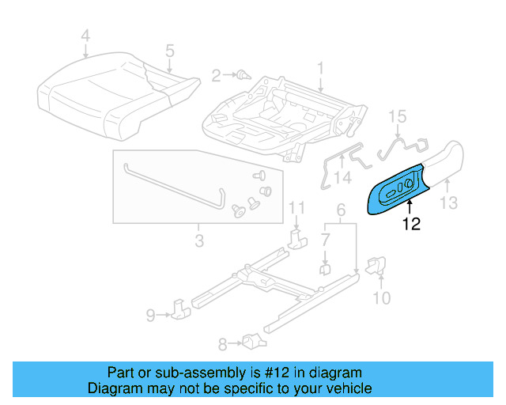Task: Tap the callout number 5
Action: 169,51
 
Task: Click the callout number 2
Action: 216,76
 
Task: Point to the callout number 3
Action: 199,237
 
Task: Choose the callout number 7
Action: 325,239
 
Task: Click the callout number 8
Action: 222,343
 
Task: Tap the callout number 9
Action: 151,316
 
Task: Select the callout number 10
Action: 382,298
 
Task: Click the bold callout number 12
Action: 410,225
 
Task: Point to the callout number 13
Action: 448,203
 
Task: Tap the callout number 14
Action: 342,179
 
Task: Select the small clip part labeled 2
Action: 243,76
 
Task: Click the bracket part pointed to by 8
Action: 253,342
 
